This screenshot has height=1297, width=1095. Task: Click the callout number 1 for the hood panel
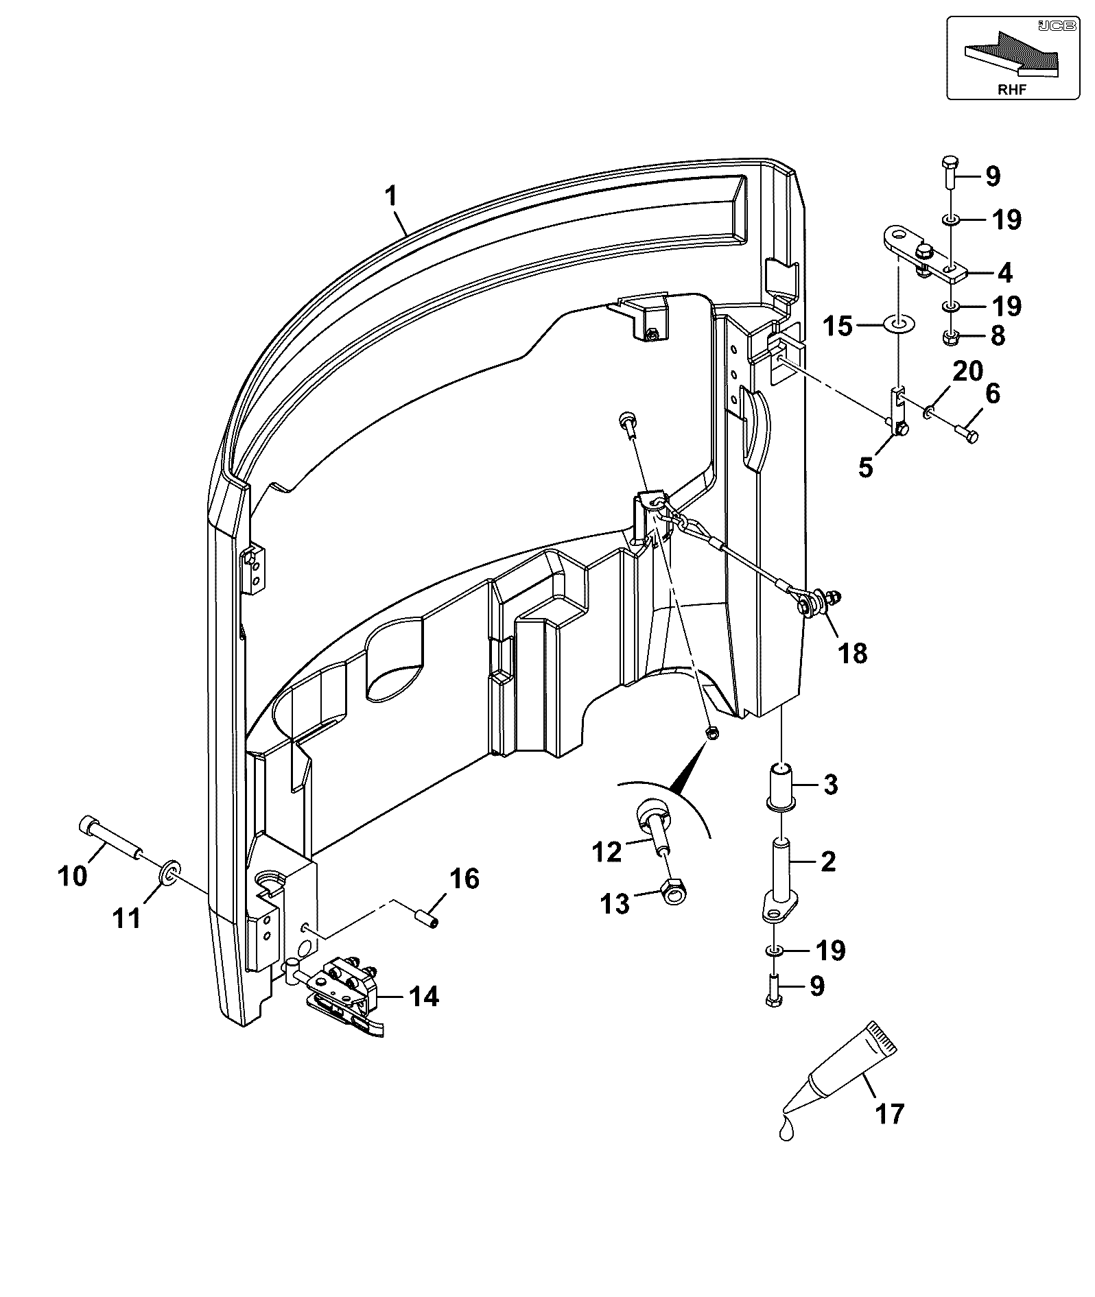click(390, 198)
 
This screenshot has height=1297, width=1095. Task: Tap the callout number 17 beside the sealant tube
click(890, 1112)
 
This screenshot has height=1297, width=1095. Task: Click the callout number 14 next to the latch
click(423, 996)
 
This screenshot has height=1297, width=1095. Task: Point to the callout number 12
click(607, 852)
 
